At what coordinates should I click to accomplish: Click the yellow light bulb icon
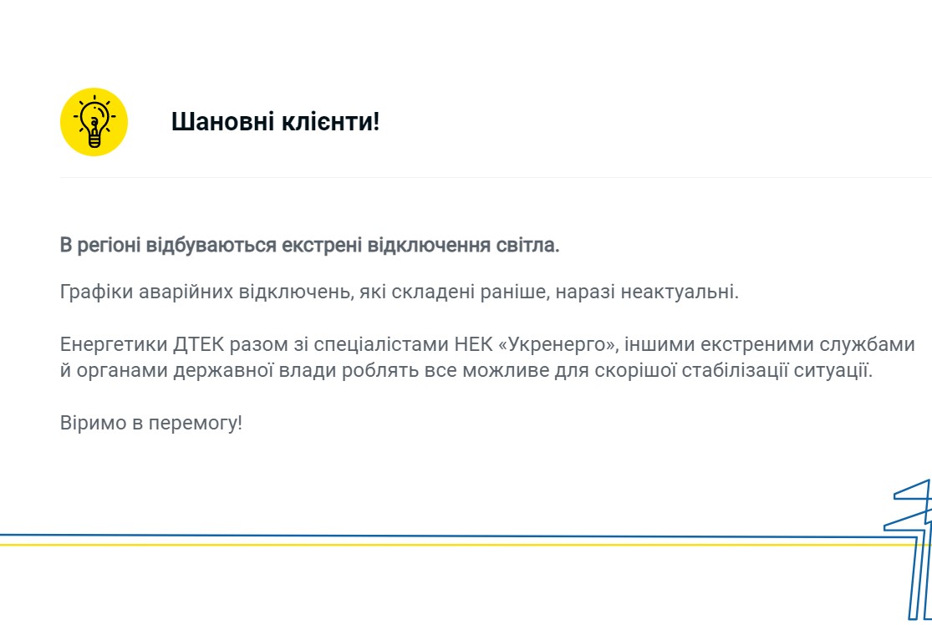[94, 122]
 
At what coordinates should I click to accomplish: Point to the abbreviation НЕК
[471, 344]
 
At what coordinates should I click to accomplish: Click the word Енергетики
[114, 344]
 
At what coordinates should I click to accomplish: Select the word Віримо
[94, 423]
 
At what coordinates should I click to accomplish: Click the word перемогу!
[196, 423]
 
